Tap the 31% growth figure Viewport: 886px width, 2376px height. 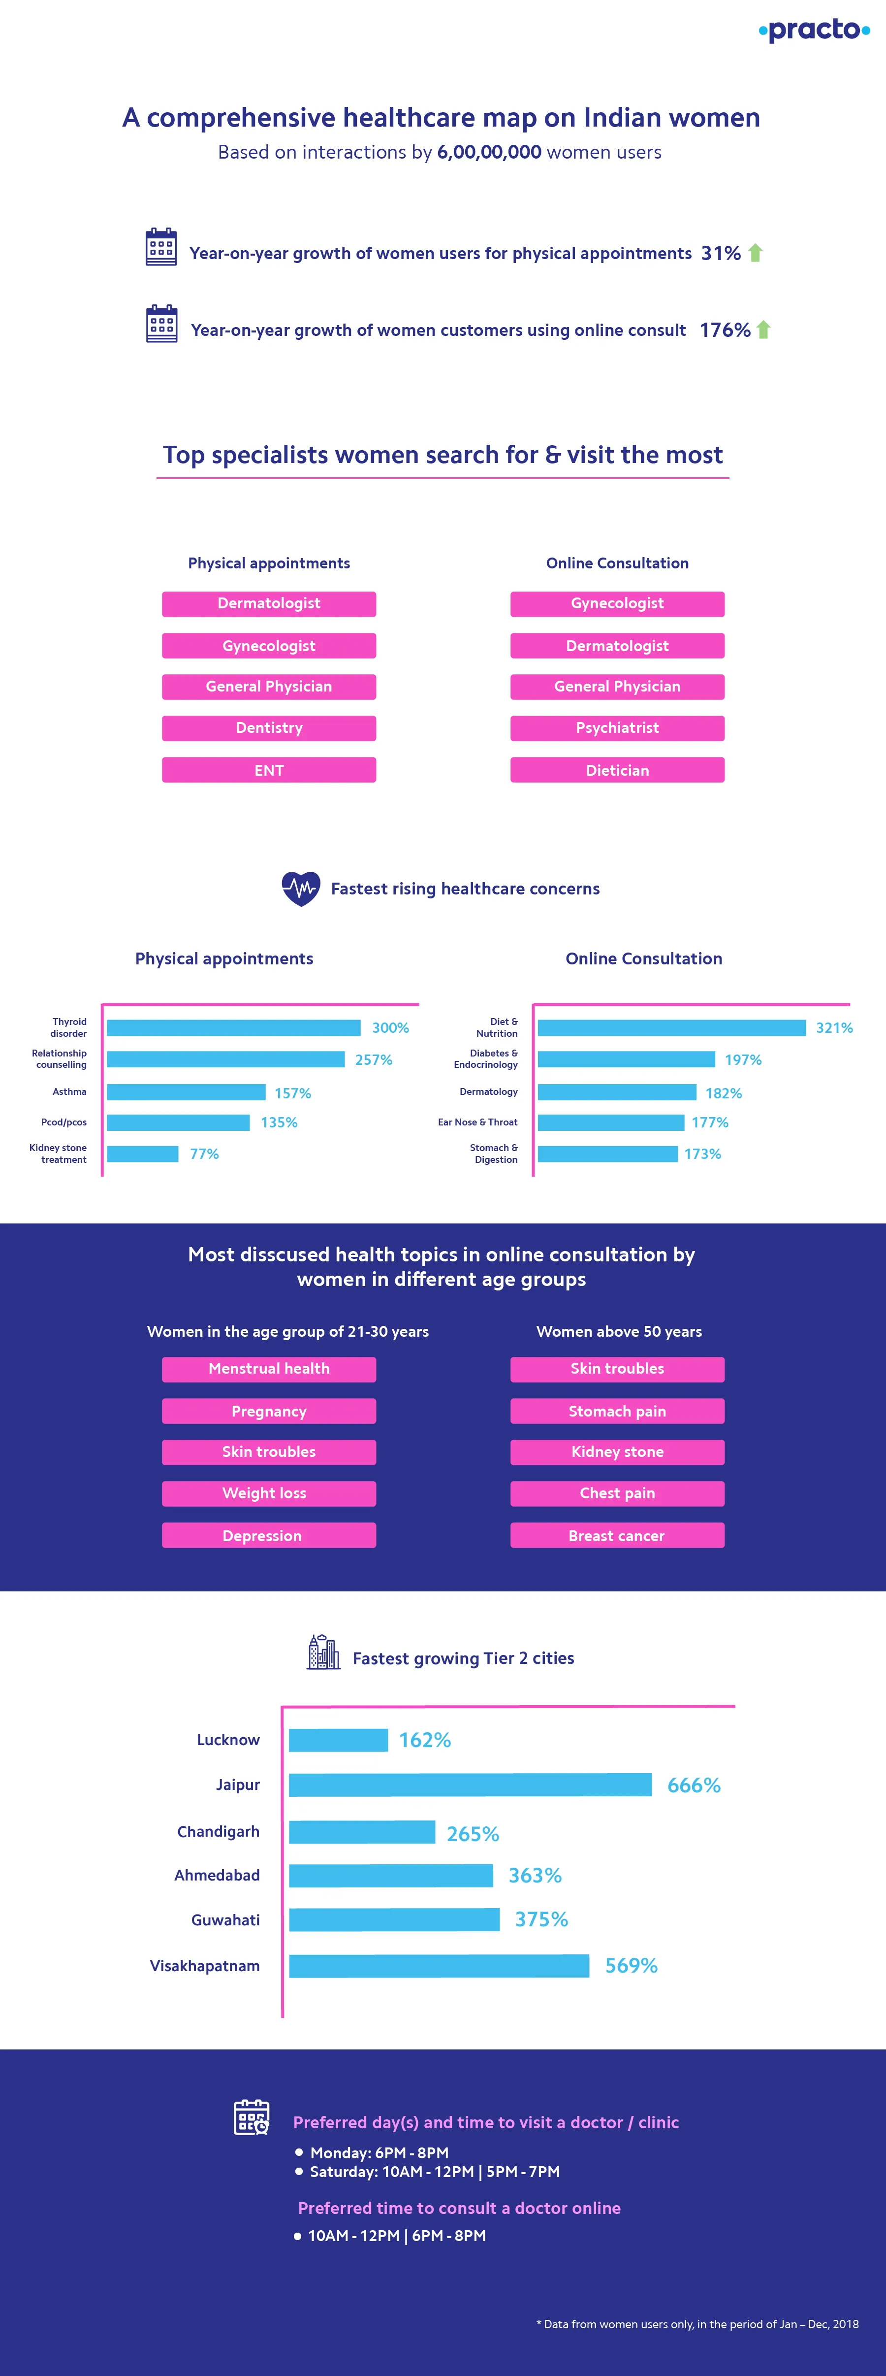point(720,254)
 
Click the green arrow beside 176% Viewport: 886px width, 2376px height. point(763,330)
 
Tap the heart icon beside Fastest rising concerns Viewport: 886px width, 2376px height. point(301,888)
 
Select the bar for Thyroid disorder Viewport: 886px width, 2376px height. point(233,1027)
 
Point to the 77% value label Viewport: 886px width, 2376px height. point(205,1154)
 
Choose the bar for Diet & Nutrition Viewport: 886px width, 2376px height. point(671,1027)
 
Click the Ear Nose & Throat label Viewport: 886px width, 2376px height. point(477,1122)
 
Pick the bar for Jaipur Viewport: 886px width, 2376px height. point(470,1785)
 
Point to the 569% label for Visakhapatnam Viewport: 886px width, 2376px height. point(632,1966)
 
